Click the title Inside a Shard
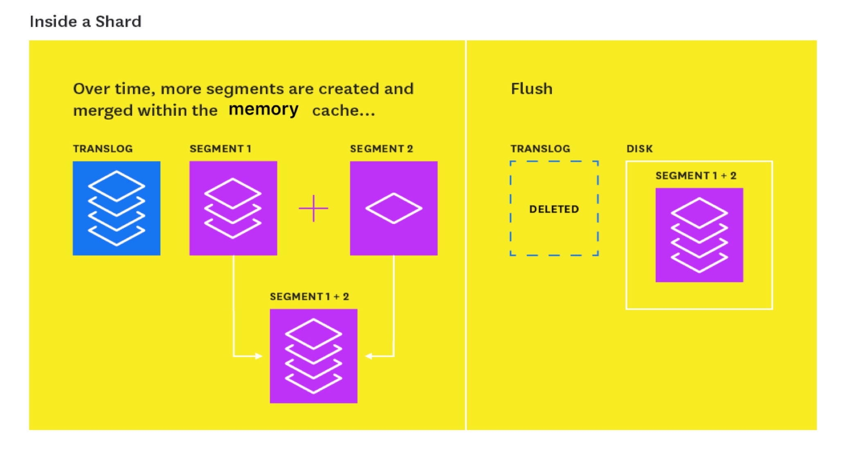(x=85, y=21)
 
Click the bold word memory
(x=263, y=110)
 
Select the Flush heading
(x=531, y=88)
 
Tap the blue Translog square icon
(x=117, y=208)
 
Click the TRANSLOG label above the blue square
(x=103, y=149)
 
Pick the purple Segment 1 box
(x=233, y=208)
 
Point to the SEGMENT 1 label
(x=220, y=149)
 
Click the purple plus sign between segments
(x=313, y=208)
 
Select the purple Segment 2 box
(x=394, y=208)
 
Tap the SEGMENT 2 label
(x=381, y=149)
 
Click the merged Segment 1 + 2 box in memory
(x=313, y=356)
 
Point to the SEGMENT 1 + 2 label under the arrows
(x=309, y=296)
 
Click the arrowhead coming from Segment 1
(x=259, y=356)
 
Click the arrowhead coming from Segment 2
(x=369, y=356)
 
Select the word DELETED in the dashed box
(x=554, y=209)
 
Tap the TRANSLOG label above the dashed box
(x=540, y=149)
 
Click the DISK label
(x=639, y=149)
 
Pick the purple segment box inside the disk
(x=699, y=235)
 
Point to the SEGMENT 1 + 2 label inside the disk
(x=696, y=176)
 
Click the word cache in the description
(x=336, y=111)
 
